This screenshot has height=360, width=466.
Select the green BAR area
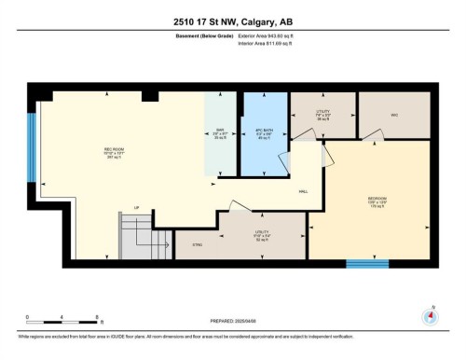[x=221, y=135]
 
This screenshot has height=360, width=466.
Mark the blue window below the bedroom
[x=367, y=264]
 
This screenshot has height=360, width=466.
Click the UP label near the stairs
[x=136, y=207]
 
